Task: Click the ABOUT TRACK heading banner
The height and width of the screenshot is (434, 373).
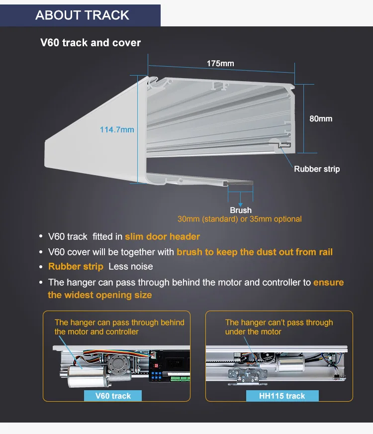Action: point(82,15)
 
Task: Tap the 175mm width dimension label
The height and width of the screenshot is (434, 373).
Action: point(220,63)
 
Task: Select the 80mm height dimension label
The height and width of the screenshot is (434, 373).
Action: point(321,118)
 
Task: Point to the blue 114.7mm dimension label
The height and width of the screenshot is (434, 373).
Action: point(117,129)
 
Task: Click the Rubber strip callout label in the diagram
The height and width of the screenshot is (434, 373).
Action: point(317,169)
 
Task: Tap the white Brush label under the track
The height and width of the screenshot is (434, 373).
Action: point(241,210)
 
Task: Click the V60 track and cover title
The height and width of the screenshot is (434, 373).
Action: point(91,42)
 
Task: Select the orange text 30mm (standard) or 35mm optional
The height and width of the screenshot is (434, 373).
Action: point(240,219)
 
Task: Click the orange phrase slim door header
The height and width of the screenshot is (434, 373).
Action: point(162,237)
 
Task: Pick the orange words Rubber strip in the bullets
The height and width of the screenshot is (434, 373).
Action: point(76,267)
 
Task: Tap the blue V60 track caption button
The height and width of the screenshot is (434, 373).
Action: point(114,396)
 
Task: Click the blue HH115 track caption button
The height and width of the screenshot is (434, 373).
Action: point(282,396)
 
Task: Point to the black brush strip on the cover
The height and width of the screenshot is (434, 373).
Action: point(240,184)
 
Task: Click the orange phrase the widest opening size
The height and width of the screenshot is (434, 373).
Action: point(100,295)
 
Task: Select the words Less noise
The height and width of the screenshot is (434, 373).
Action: point(131,267)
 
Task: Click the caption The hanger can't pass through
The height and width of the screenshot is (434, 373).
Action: point(279,323)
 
